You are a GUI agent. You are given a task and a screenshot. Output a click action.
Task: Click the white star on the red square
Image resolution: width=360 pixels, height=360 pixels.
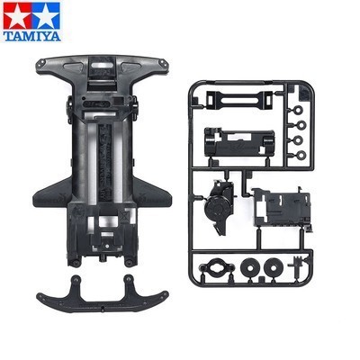click(17, 15)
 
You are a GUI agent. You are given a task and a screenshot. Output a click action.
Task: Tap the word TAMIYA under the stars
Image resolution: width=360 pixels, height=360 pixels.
click(32, 36)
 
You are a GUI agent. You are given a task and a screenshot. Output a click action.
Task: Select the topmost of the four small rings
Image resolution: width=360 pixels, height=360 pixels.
click(298, 111)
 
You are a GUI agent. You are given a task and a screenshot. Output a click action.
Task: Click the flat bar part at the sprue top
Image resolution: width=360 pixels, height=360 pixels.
click(236, 97)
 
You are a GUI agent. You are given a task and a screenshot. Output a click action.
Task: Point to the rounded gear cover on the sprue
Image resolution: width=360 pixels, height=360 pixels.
click(219, 206)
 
